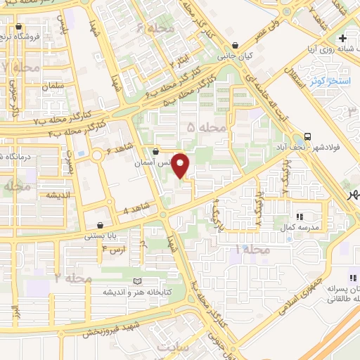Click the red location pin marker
[x=181, y=166]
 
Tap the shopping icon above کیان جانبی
[x=244, y=44]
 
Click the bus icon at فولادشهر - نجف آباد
[x=307, y=136]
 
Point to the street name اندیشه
[x=57, y=195]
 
